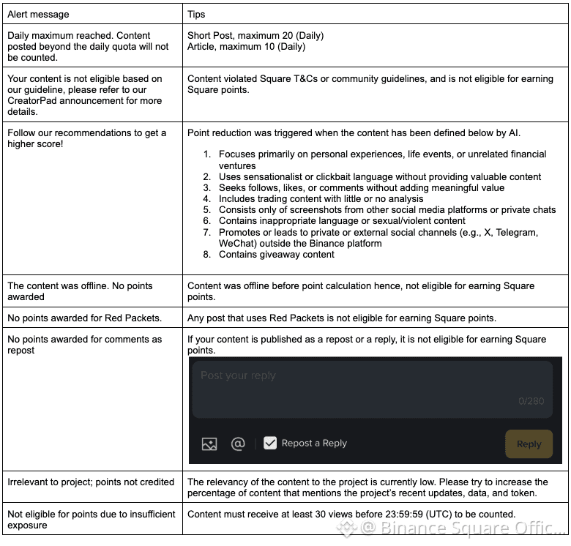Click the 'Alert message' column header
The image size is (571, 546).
[x=38, y=14]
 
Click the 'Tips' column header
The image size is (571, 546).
[x=196, y=14]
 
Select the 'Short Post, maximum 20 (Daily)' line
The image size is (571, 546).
[x=255, y=35]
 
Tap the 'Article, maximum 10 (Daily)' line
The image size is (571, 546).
[x=247, y=47]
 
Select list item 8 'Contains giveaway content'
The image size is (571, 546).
[x=276, y=254]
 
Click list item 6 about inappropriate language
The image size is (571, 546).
[x=342, y=220]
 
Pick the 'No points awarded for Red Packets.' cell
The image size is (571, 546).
[x=84, y=318]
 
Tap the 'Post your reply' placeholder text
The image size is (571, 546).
[x=238, y=375]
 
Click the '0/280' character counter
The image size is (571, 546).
[x=531, y=401]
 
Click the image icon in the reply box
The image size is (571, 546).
[x=209, y=444]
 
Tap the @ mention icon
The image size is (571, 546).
[x=238, y=444]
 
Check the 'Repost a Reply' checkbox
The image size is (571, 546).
[x=270, y=443]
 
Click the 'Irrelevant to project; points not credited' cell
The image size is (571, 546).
[x=91, y=482]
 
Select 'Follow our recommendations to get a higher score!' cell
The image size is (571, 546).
[x=86, y=138]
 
